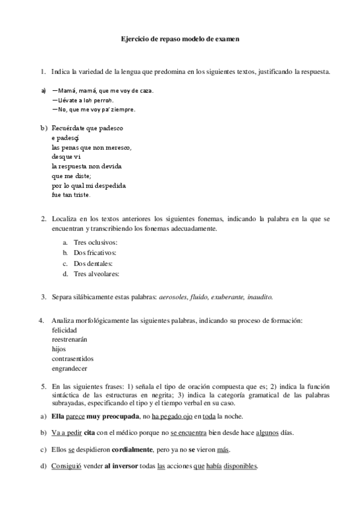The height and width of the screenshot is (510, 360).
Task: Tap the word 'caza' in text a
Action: point(145,91)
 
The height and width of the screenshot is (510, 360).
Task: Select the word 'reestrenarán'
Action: point(70,339)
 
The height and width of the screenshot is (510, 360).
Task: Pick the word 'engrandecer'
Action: point(69,369)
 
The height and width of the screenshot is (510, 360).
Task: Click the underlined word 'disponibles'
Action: point(239,467)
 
